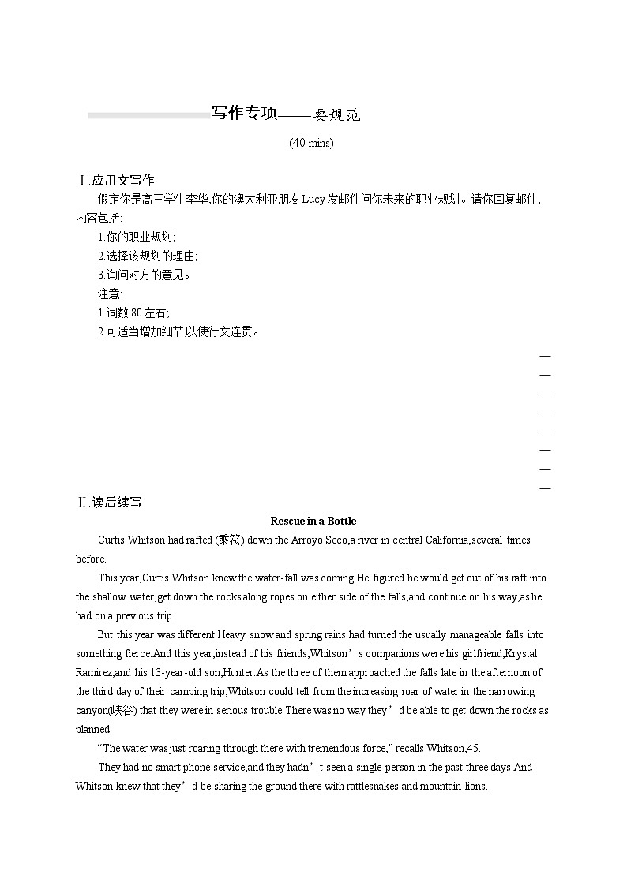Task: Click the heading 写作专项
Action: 245,114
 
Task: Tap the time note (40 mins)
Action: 311,143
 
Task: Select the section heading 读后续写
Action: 116,502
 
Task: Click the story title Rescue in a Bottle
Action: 313,521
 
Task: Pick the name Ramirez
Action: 95,672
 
